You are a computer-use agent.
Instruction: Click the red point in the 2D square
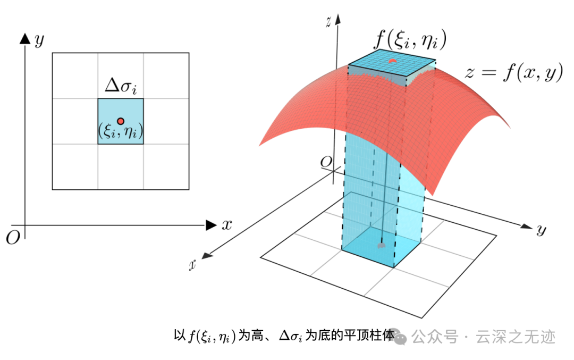pos(121,121)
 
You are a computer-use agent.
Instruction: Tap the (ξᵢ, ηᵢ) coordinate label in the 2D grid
pos(121,132)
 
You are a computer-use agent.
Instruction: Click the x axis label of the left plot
pos(227,225)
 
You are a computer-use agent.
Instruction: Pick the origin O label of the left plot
pos(13,238)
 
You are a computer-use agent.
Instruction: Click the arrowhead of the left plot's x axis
pos(211,225)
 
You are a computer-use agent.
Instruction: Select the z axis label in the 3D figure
pos(330,22)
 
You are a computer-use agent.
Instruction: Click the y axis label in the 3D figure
pos(541,230)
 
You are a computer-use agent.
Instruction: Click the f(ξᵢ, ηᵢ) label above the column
pos(410,39)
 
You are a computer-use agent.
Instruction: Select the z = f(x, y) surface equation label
pos(513,73)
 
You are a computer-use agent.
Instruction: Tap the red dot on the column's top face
pos(392,62)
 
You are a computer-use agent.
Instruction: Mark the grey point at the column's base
pos(380,246)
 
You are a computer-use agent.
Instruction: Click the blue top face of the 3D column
pos(392,65)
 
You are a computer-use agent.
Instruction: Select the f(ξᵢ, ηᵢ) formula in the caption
pos(212,337)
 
